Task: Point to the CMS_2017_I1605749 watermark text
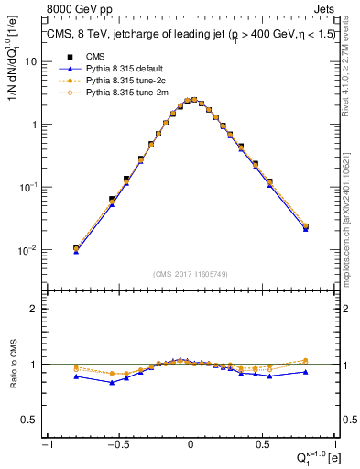point(191,274)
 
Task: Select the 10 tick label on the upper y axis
point(28,61)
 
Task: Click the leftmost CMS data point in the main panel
point(76,248)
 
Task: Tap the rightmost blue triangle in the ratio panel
point(305,372)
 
